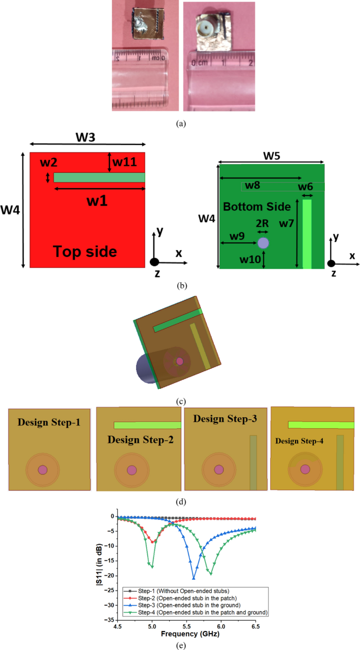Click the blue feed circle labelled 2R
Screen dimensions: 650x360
pos(263,243)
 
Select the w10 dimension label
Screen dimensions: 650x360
pos(250,259)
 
